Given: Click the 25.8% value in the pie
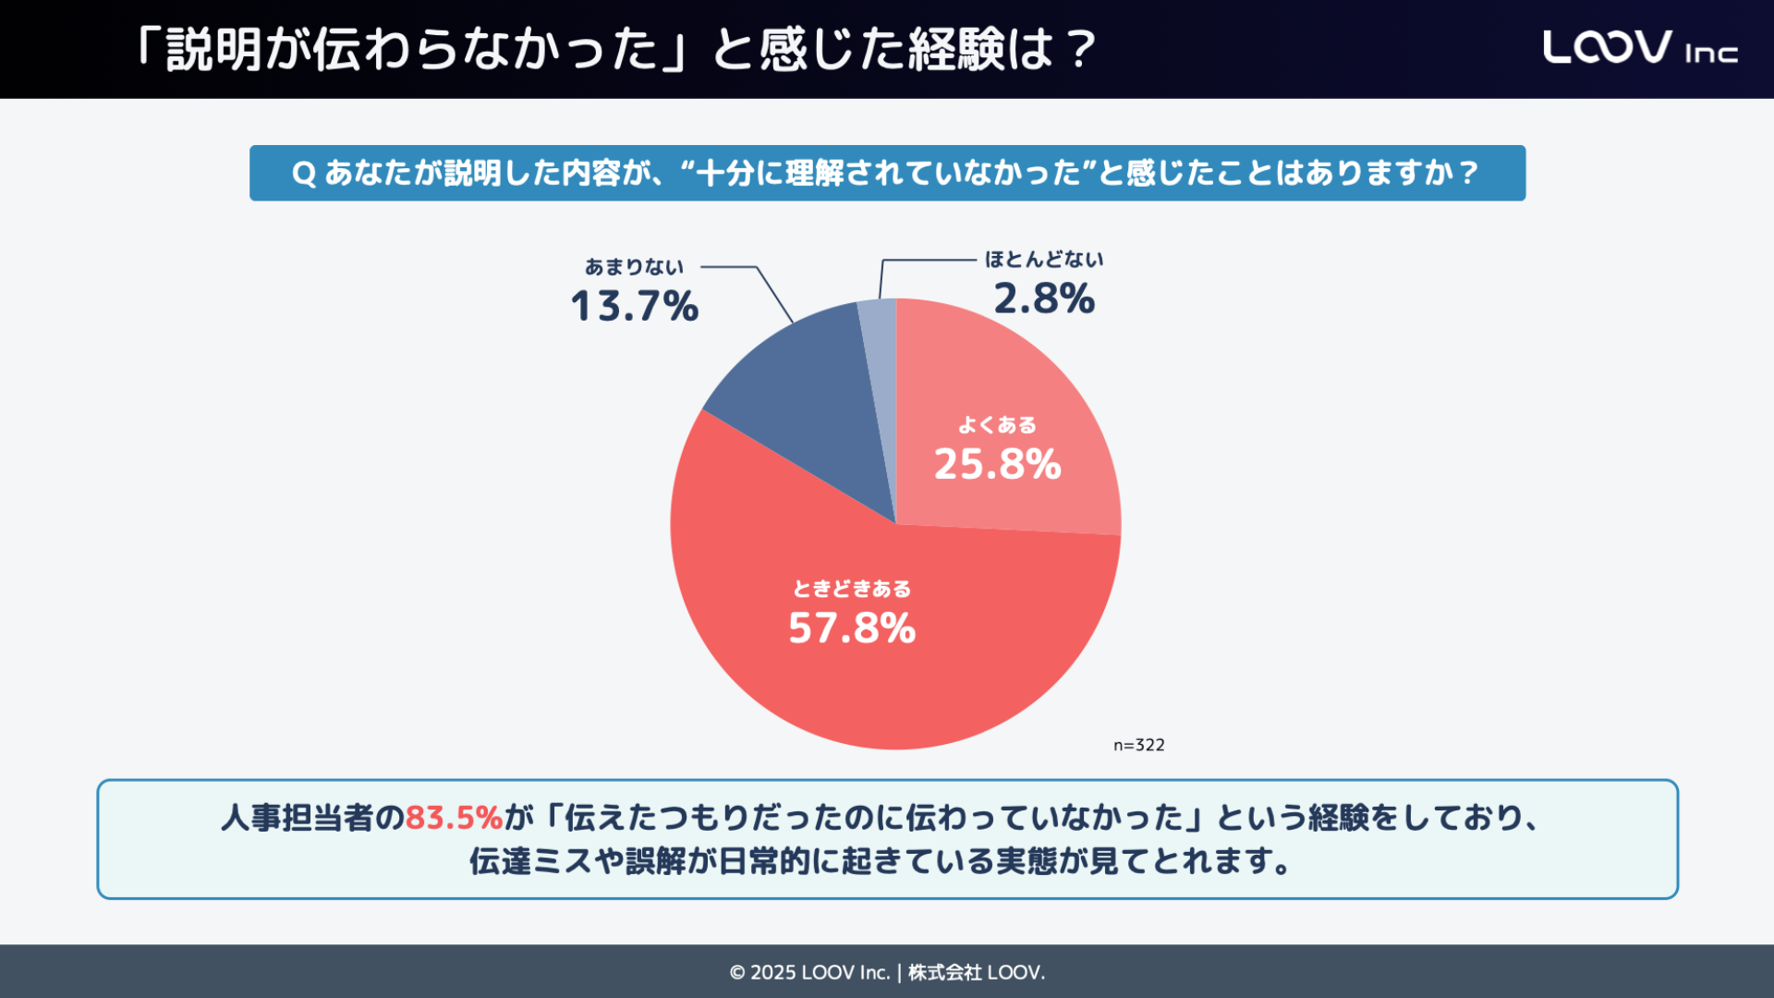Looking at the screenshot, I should click(x=997, y=464).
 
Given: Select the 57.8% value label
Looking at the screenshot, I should click(x=851, y=628).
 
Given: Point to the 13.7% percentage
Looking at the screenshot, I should click(x=634, y=306).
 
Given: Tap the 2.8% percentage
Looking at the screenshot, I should click(x=1044, y=298).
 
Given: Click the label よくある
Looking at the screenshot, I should click(x=997, y=425).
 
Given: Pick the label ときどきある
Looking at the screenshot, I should click(x=851, y=589).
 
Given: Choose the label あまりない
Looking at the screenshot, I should click(x=634, y=267).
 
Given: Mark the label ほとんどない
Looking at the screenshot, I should click(x=1044, y=260).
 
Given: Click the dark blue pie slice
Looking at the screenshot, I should click(x=804, y=397).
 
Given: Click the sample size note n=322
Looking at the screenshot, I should click(x=1138, y=745).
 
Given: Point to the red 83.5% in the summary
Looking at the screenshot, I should click(x=454, y=818).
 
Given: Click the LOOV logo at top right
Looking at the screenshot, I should click(x=1607, y=47).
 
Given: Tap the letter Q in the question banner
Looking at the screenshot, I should click(x=304, y=173).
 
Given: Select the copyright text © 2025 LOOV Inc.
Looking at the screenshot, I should click(x=809, y=972).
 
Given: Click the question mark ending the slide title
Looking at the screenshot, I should click(x=1079, y=49).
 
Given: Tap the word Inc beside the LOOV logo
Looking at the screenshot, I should click(x=1711, y=54).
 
